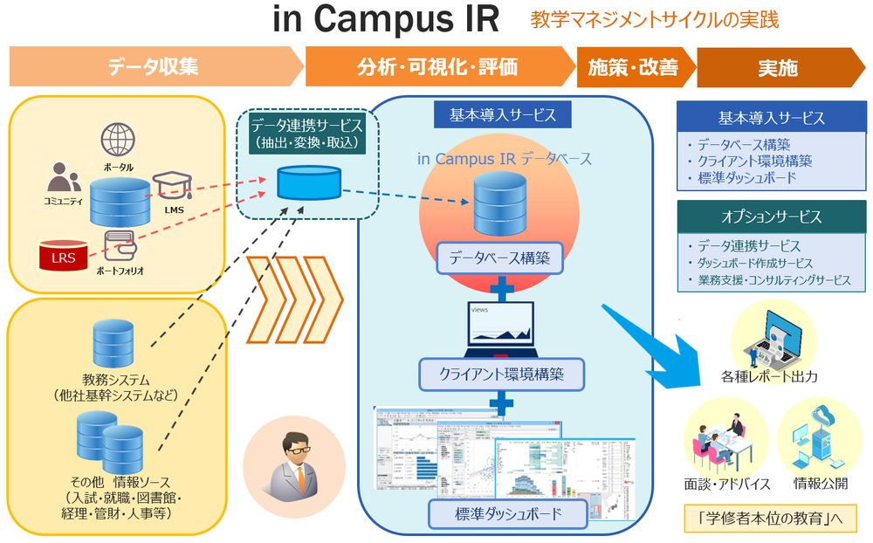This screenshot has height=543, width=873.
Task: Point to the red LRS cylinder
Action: coord(62,257)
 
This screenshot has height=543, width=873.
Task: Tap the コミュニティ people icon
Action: coord(63,179)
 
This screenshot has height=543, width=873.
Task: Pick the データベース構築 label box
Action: coord(498,259)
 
